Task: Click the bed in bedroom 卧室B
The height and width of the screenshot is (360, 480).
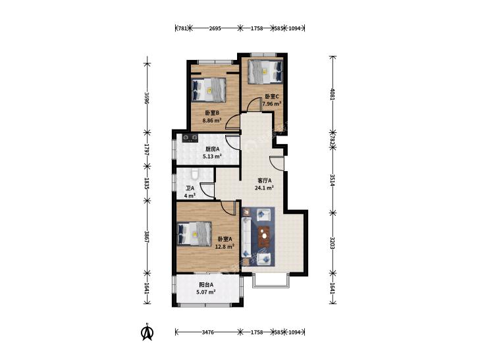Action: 209,90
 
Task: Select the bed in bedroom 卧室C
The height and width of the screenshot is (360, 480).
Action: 265,71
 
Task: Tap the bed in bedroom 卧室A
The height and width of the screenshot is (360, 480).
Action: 194,234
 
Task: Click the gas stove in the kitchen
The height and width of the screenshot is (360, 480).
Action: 190,138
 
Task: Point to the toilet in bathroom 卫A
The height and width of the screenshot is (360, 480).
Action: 194,174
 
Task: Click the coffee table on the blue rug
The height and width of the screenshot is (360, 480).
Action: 264,236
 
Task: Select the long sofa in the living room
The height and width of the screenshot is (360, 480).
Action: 246,237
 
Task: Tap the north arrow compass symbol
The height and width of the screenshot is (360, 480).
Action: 147,332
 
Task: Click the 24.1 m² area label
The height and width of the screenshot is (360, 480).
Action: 264,188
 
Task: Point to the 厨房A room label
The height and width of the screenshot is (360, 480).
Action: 213,149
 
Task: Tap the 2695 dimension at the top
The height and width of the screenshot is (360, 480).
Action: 215,28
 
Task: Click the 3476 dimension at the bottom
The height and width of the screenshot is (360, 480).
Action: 207,332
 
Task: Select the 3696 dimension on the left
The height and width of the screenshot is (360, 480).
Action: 147,98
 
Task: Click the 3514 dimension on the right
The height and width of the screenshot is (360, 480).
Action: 333,180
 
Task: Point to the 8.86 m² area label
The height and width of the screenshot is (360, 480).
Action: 212,120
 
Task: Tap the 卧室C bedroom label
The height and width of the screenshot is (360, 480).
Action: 272,96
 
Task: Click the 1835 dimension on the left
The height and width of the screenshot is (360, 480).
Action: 147,183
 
